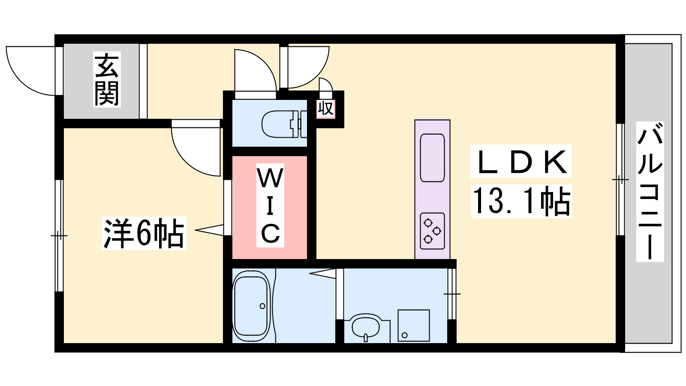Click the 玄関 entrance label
coord(107,79)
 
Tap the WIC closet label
coord(271,205)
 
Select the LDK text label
coord(521,161)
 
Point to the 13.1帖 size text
coord(521,202)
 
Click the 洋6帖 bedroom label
coord(144,233)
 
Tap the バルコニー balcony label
coord(650,192)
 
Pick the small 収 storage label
coord(325,109)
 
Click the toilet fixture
coord(284,124)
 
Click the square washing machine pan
coord(413,326)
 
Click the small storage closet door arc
coord(326,84)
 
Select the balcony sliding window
coord(620,180)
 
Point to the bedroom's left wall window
coord(59,235)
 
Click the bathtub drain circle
coord(262,306)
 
